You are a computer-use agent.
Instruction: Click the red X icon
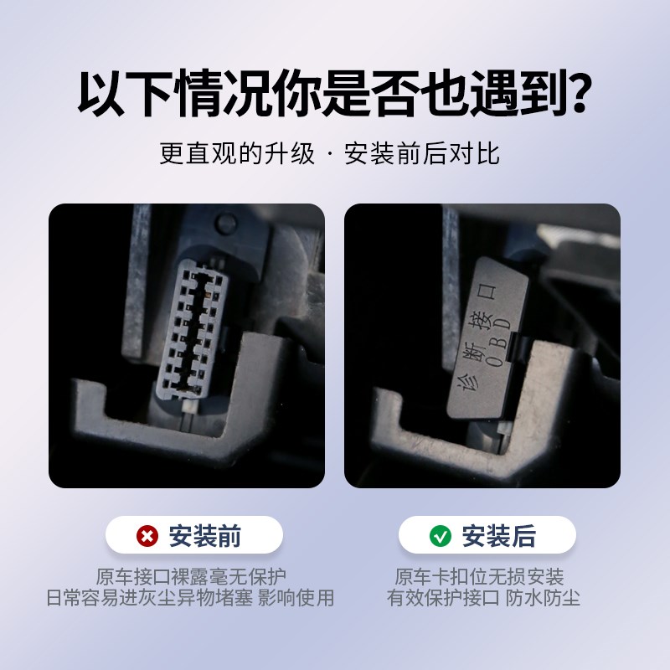[148, 535]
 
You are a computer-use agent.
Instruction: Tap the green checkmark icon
[441, 535]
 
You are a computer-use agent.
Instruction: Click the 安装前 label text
[205, 535]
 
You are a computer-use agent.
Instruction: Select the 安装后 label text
[498, 535]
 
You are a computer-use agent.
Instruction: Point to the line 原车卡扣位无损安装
[479, 577]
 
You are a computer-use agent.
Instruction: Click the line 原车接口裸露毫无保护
[191, 577]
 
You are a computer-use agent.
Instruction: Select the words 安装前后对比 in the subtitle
[421, 154]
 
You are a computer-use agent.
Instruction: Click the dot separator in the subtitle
[329, 155]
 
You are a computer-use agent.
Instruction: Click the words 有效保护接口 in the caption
[443, 598]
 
